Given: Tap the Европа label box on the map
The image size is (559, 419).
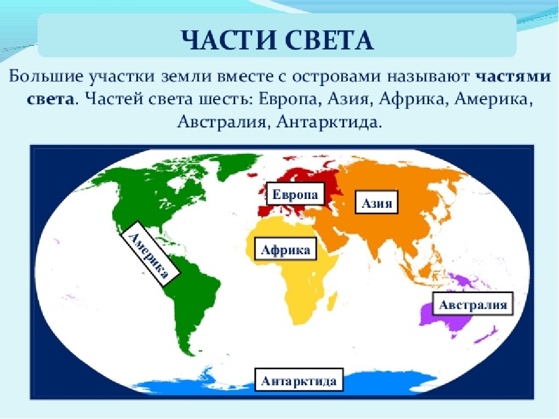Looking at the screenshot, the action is (296, 194).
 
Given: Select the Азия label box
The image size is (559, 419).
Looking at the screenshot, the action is (377, 203).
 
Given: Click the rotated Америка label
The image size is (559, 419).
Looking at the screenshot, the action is (150, 254).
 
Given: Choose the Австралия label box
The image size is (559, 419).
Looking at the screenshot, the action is (473, 304).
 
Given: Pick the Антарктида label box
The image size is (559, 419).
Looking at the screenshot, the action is (299, 380).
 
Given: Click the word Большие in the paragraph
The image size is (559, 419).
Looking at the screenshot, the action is (46, 77).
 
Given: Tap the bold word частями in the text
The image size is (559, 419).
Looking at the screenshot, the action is (513, 77).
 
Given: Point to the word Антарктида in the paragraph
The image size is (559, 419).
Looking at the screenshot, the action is (329, 122).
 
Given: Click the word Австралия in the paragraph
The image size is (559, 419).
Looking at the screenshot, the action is (222, 122).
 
